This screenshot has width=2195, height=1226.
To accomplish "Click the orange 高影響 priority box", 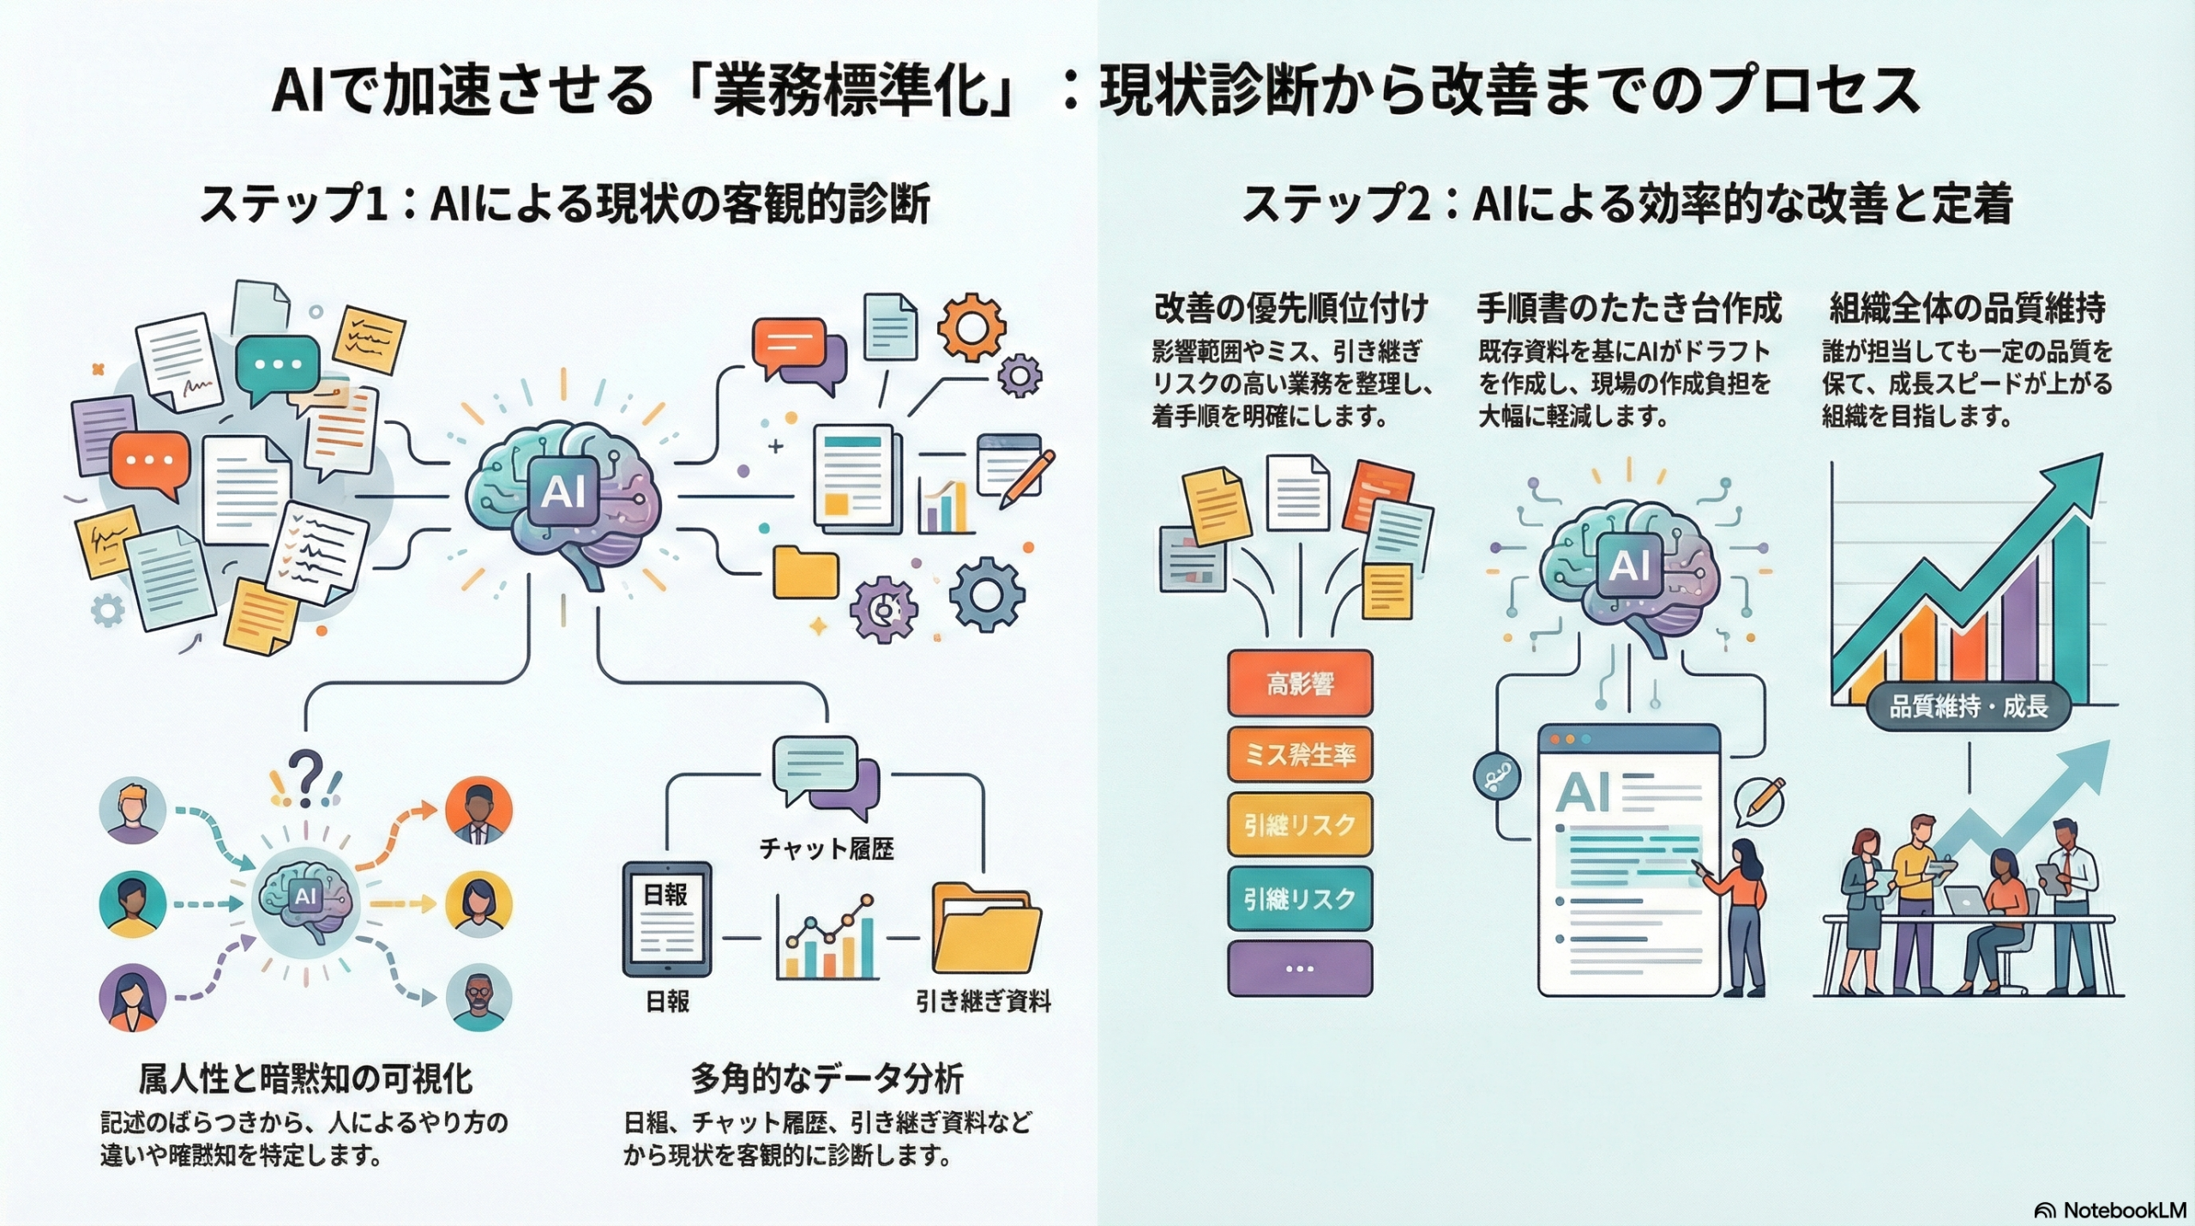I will tap(1300, 684).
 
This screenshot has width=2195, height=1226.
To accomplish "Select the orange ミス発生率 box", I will tap(1300, 755).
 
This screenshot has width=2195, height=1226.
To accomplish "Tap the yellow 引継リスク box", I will tap(1300, 825).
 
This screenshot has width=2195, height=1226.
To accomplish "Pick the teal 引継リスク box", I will tap(1300, 898).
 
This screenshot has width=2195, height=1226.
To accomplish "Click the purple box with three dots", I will tap(1300, 969).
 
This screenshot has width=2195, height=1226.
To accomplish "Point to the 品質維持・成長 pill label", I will tap(1969, 707).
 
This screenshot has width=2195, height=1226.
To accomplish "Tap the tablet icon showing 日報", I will tap(666, 919).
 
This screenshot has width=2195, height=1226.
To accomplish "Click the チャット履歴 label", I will tap(827, 849).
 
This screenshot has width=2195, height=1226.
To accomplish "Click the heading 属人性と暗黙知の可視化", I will tap(305, 1079).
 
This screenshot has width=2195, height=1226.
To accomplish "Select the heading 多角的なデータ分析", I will tap(827, 1079).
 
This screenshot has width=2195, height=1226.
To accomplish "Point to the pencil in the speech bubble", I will tap(1761, 800).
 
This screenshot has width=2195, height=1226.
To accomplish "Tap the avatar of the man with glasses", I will tap(478, 997).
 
